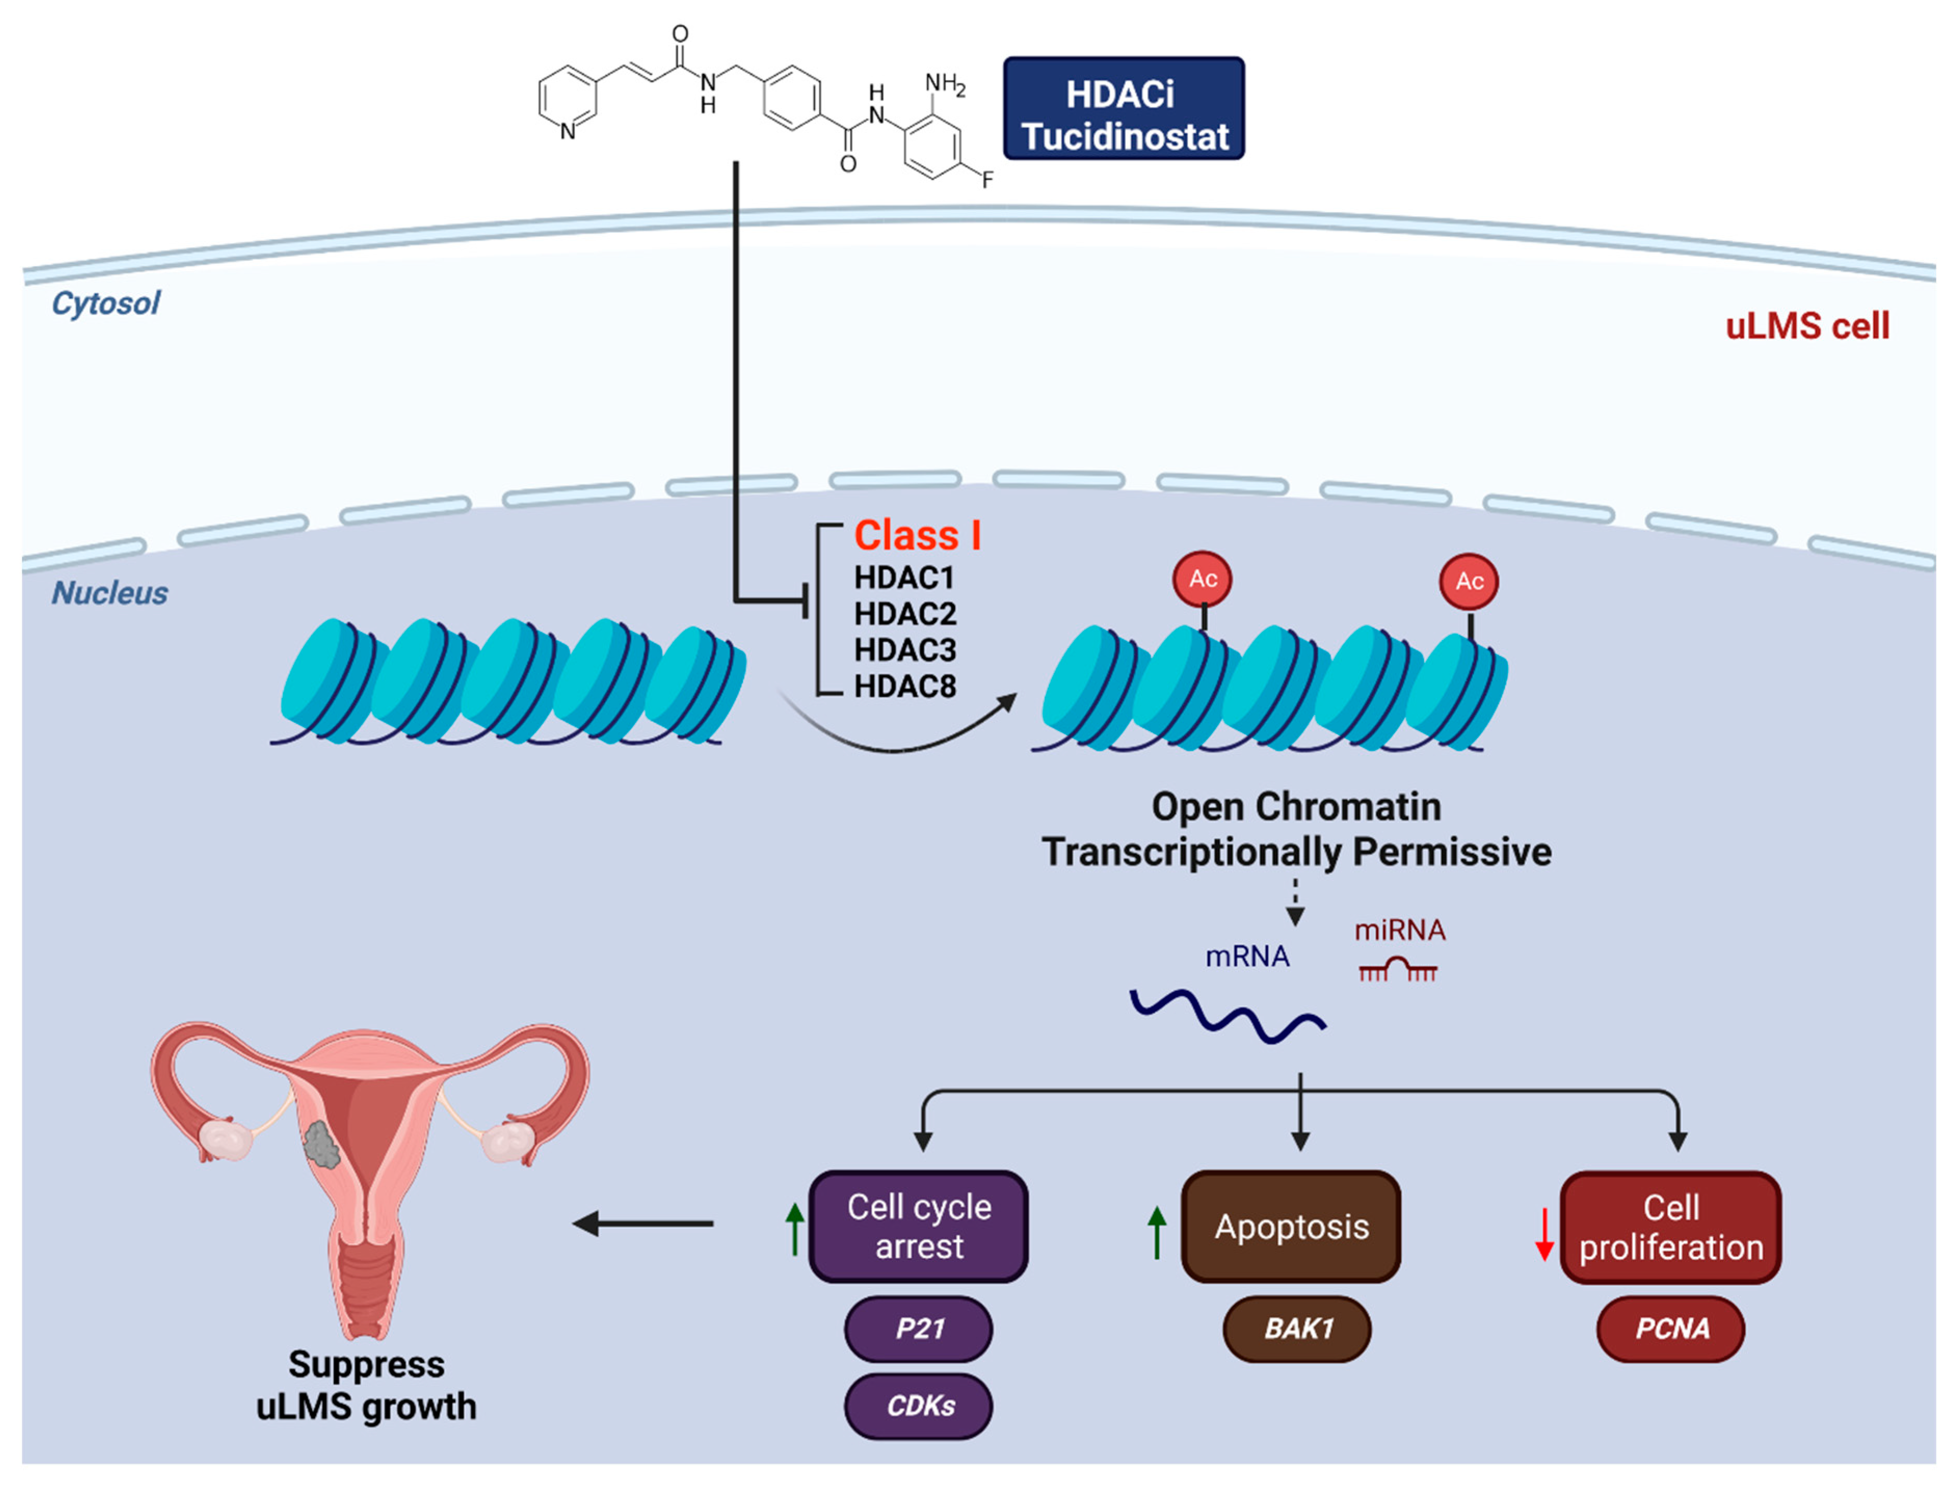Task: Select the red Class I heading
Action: coord(917,536)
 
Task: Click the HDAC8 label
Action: coord(904,686)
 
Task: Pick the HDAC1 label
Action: coord(904,578)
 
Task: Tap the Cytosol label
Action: coord(106,303)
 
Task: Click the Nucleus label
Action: coord(110,593)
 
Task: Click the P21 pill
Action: coord(918,1329)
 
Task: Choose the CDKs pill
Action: coord(918,1405)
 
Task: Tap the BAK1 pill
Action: coord(1298,1329)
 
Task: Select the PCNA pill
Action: coord(1671,1329)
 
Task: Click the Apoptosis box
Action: coord(1292,1227)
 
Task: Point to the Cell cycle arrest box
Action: coord(918,1227)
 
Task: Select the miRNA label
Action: coord(1400,930)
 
